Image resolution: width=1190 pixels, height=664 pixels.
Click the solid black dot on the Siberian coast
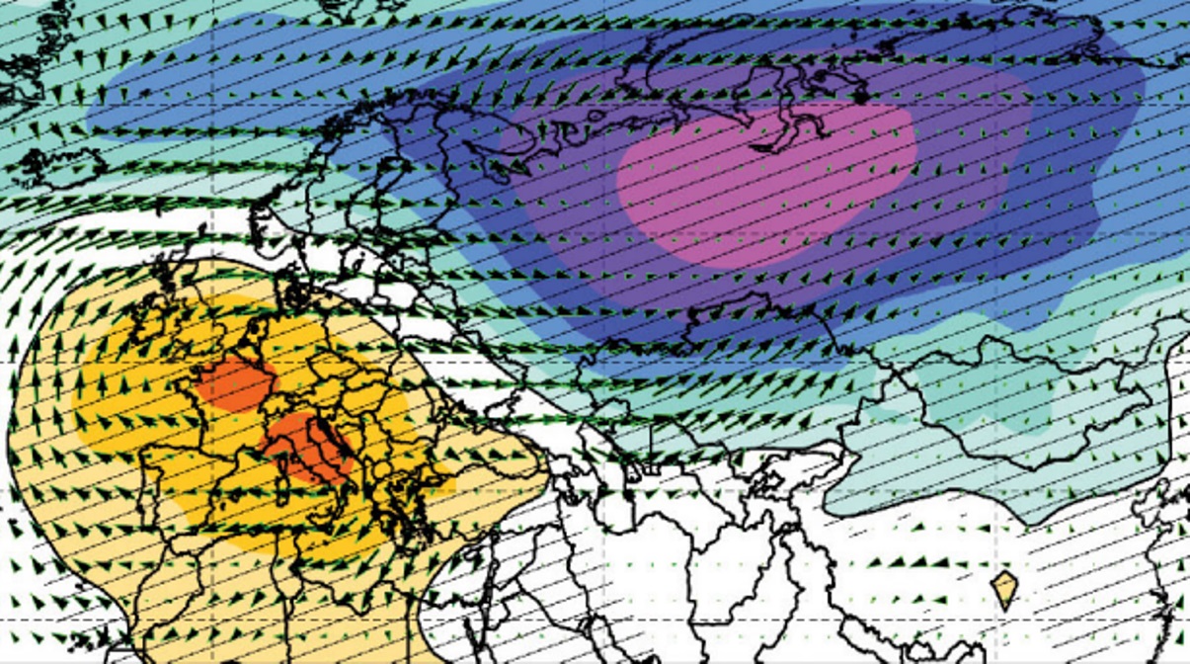point(861,98)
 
